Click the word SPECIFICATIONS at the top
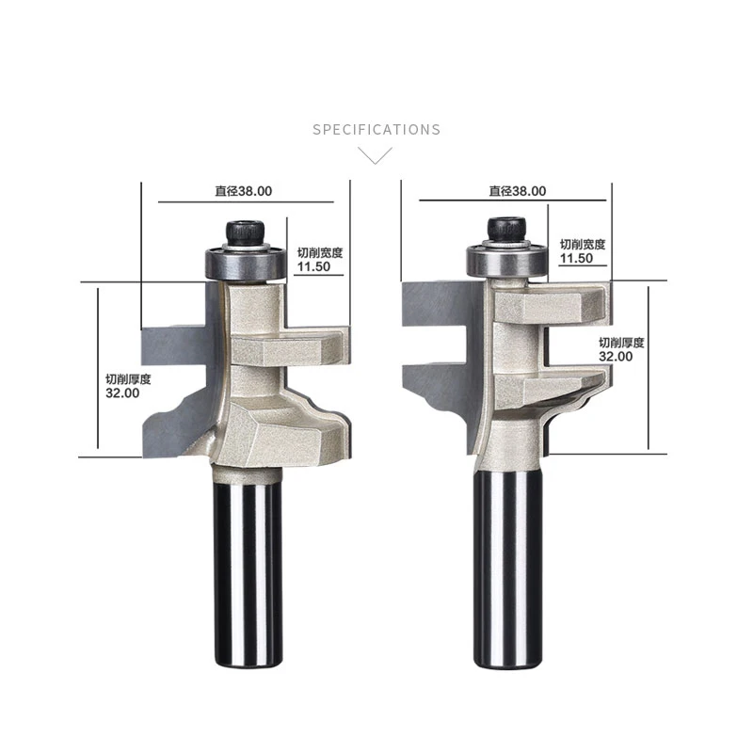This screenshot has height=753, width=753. point(376,130)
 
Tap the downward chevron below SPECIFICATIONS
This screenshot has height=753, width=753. point(376,155)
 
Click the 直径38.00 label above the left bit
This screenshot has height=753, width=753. point(244,190)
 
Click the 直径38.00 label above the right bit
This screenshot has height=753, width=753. point(517,190)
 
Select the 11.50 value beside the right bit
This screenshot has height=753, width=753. point(576,258)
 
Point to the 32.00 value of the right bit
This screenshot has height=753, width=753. point(617,357)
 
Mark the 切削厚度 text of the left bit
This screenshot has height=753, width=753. point(128,378)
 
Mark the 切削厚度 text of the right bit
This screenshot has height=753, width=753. point(622,343)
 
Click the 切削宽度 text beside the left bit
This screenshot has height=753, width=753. point(320,252)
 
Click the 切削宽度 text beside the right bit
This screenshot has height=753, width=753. point(583,244)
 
